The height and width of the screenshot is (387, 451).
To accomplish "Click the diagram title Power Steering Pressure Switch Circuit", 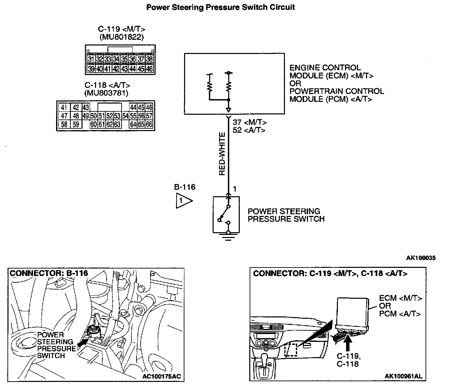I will pos(220,7).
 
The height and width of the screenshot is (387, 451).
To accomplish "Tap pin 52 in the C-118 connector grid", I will pos(109,116).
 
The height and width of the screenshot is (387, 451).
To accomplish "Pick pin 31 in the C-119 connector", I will pos(91,59).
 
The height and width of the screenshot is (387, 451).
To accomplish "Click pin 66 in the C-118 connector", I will pos(149,124).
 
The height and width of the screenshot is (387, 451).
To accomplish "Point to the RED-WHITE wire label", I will pos(222,154).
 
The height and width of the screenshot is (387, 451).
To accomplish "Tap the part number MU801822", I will pos(122,37).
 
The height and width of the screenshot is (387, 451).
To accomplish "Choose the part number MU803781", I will pos(106,93).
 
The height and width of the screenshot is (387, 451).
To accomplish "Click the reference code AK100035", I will pos(421,258).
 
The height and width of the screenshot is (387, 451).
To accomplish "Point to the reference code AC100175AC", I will pos(161,376).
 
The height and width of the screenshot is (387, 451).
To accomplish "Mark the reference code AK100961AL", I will pos(403,376).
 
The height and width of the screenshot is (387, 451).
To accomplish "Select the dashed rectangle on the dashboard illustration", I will pos(291,349).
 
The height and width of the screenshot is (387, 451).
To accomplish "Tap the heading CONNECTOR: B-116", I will pos(49,273).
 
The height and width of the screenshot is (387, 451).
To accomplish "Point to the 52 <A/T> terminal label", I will pos(249,130).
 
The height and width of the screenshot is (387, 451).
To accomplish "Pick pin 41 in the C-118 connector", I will pos(64,108).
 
